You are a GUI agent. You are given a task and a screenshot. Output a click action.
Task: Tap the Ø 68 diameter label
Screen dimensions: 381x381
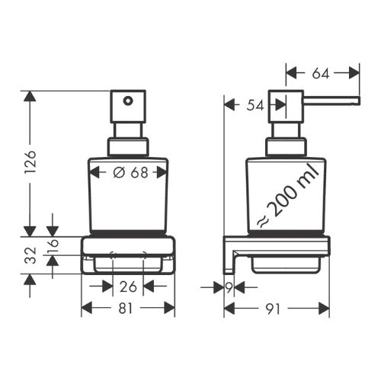[130, 173]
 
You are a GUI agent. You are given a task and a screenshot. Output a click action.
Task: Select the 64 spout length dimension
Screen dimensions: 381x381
[321, 73]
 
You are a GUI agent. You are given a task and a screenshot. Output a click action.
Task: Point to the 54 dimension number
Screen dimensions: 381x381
[255, 105]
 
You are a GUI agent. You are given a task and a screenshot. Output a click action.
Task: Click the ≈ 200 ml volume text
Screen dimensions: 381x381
[288, 196]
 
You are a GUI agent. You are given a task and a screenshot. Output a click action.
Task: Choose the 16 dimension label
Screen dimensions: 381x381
[53, 243]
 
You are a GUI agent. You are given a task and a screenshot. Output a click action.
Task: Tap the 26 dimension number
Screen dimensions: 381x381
[128, 287]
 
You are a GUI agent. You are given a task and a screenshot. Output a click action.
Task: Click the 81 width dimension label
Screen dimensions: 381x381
[126, 309]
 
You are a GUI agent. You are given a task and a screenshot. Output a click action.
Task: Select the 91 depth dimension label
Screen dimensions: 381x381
[272, 309]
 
